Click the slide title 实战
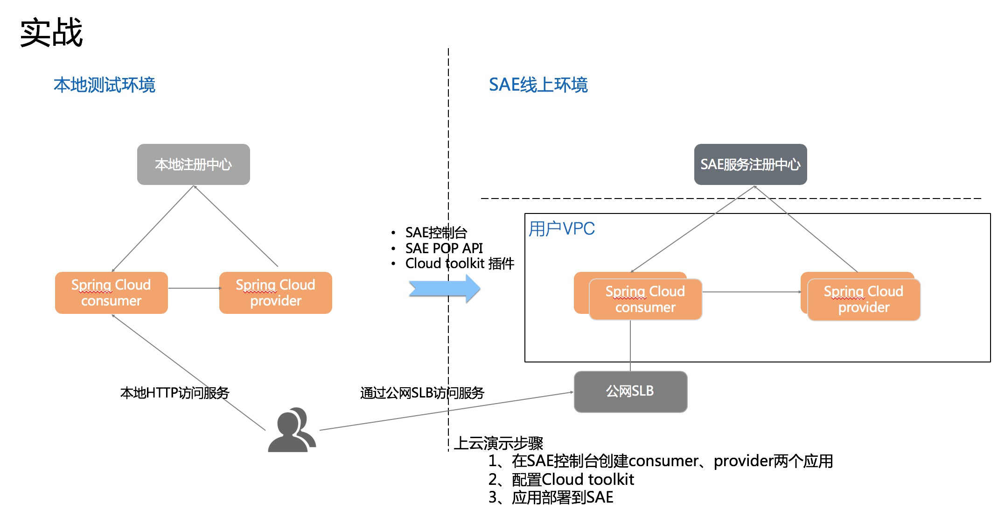click(51, 33)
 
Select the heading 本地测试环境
click(104, 85)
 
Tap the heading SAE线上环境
click(538, 85)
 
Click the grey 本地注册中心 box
click(193, 164)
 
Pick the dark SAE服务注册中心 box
click(750, 164)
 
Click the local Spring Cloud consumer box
click(111, 293)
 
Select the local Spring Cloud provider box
click(275, 293)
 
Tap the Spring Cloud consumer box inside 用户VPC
click(645, 299)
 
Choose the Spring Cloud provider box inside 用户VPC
click(864, 299)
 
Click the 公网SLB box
click(630, 391)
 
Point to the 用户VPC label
click(562, 229)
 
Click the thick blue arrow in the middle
click(444, 289)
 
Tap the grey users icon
click(292, 430)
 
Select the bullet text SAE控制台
click(436, 232)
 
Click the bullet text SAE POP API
click(444, 248)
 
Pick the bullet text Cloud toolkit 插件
click(460, 263)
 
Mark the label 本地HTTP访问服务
click(174, 393)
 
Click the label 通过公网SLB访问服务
click(422, 393)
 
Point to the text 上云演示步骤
click(499, 443)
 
